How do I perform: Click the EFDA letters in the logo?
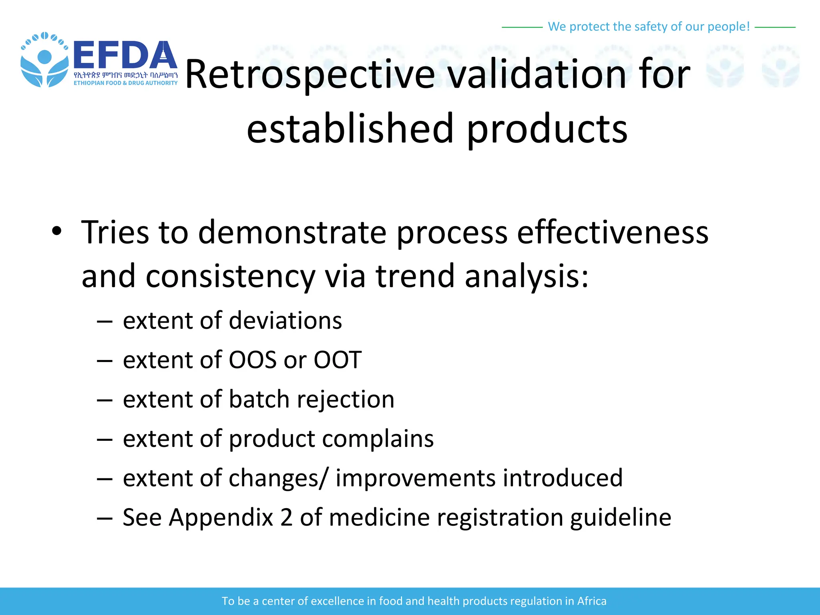(x=125, y=55)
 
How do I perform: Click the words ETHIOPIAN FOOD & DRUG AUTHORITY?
(x=125, y=83)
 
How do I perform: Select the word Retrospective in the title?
(x=310, y=74)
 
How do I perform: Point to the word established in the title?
(x=350, y=129)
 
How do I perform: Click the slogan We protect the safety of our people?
(x=649, y=26)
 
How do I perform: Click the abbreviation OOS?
(x=252, y=360)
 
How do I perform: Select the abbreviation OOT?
(x=338, y=360)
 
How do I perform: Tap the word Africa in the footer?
(x=591, y=601)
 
